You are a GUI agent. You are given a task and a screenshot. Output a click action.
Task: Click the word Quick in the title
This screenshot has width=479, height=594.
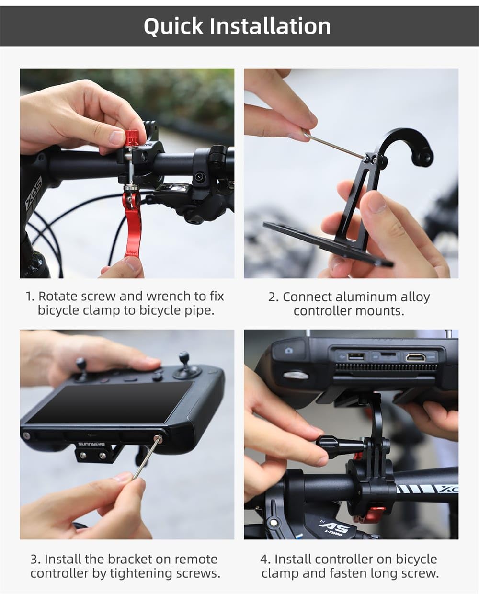click(x=174, y=26)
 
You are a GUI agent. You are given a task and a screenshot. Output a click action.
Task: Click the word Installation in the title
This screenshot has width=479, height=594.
click(x=270, y=26)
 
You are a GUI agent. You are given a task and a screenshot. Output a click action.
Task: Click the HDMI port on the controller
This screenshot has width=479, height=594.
click(x=415, y=357)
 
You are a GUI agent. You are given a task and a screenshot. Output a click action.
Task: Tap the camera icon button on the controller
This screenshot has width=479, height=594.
click(x=288, y=351)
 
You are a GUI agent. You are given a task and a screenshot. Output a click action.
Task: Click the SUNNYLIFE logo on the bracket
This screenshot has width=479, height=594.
click(x=91, y=444)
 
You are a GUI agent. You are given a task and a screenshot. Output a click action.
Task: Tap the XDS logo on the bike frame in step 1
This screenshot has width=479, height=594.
click(x=34, y=193)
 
